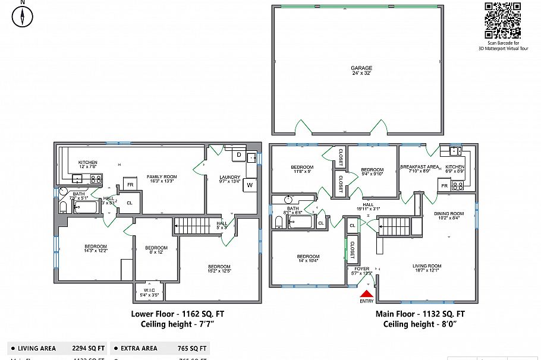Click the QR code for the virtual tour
coord(502,20)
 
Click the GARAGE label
coord(361,71)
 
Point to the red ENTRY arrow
coord(367,292)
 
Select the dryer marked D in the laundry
coord(238,155)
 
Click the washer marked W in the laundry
coord(249,185)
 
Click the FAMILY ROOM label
coord(162,179)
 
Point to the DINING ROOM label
coord(449,216)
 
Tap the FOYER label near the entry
coord(362,270)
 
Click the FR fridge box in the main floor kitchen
coord(445,185)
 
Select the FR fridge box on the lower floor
coord(130,184)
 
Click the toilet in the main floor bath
coord(278,222)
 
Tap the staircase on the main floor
coord(394,226)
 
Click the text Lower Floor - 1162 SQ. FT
coord(178,314)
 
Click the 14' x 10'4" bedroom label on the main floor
coord(308,258)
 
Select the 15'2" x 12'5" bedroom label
coord(219,269)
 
